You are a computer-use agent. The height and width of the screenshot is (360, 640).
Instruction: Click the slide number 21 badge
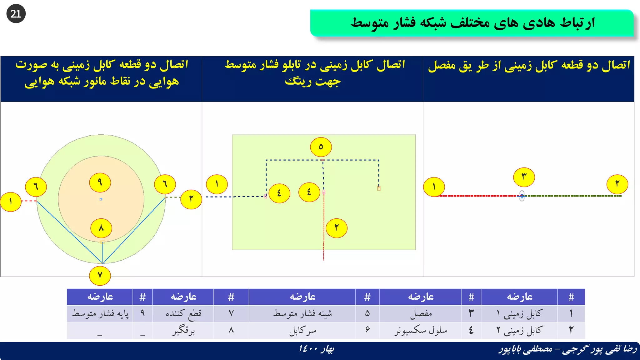tap(16, 14)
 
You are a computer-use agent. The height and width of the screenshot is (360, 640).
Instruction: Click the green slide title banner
tap(472, 23)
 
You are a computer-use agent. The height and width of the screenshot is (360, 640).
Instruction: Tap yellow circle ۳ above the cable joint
tap(524, 177)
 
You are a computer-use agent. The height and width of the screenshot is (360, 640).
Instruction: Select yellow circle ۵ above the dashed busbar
tap(321, 147)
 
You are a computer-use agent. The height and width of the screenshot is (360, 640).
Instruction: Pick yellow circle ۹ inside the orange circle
tap(100, 182)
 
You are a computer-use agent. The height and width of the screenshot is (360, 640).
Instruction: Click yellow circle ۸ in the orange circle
tap(101, 228)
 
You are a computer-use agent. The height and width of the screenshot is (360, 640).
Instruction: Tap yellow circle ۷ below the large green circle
tap(100, 276)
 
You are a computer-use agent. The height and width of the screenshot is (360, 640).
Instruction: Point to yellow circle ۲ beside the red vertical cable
tap(337, 228)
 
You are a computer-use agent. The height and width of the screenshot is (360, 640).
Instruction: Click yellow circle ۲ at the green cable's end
tap(617, 184)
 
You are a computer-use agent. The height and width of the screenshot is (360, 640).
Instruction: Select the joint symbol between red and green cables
tap(522, 196)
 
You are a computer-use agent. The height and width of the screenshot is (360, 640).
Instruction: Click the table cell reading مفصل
tap(421, 313)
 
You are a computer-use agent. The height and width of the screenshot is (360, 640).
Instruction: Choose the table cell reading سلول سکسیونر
tap(421, 330)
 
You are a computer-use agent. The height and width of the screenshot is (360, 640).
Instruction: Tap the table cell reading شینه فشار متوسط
tap(302, 313)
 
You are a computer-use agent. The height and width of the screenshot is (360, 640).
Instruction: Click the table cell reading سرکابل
tap(302, 330)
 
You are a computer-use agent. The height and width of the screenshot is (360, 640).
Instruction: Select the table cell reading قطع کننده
tap(183, 313)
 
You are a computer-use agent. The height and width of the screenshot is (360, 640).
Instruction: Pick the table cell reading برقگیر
tap(183, 330)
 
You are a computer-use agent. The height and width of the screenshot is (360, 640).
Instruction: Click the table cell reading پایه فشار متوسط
tap(100, 313)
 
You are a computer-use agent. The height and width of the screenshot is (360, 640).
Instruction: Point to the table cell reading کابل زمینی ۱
tap(519, 313)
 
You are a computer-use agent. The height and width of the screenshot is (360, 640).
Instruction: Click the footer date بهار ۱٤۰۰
tap(316, 349)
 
